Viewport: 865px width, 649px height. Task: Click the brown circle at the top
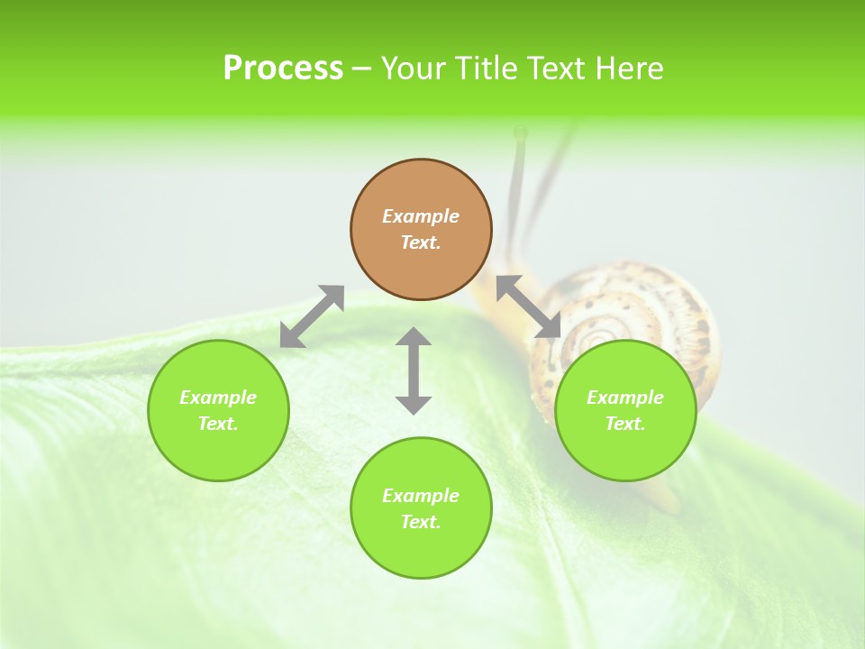point(421,230)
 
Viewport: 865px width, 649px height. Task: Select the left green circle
point(218,410)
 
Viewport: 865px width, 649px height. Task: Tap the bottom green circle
point(421,507)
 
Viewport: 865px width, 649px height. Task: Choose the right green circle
point(624,410)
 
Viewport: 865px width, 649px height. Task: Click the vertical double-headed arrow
point(414,370)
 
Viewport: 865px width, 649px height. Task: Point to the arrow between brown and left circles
point(312,316)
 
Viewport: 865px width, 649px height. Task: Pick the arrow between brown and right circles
point(528,306)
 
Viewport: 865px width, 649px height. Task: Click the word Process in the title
point(283,69)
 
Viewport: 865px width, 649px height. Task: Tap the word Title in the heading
point(487,69)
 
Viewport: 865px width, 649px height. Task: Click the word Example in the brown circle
point(421,216)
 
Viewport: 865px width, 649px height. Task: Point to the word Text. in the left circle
point(218,424)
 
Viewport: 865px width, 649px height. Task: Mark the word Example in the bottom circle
point(421,496)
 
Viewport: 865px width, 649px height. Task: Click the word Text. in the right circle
point(624,424)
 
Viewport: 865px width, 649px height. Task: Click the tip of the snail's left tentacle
point(520,133)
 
